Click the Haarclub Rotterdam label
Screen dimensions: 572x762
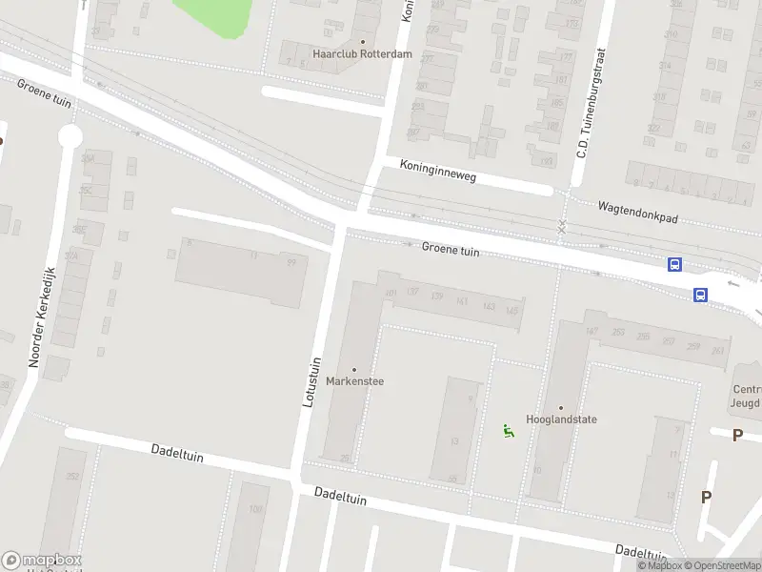(363, 54)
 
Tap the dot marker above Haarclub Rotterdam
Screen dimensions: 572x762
(363, 42)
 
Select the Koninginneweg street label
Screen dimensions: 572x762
(438, 171)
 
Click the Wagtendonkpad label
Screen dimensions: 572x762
(637, 212)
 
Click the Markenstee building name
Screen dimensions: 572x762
(355, 381)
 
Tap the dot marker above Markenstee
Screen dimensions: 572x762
(355, 370)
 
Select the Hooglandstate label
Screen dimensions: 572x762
(560, 419)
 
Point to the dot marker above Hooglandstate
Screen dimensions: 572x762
(560, 407)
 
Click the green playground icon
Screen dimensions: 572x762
(509, 432)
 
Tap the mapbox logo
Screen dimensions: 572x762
(42, 561)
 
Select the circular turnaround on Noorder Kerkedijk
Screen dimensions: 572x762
(69, 136)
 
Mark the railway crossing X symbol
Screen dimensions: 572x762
(562, 226)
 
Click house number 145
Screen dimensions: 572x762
(512, 310)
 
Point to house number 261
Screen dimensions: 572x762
(717, 351)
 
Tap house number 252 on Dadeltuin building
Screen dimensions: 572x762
(71, 477)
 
